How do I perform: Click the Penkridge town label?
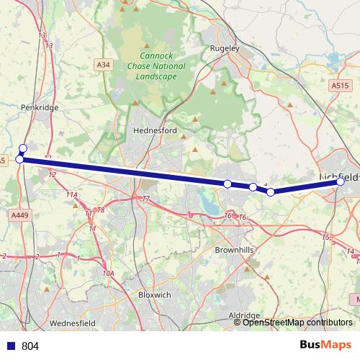pos(40,107)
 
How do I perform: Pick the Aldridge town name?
pos(243,315)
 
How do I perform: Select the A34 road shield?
pos(104,65)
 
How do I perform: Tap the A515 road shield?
pos(340,85)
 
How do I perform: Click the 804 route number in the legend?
pos(30,346)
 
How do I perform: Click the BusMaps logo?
pos(325,346)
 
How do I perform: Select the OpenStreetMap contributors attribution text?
pos(297,323)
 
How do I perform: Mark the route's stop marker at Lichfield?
pos(340,182)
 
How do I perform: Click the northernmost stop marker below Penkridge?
pos(22,148)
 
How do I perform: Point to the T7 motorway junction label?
pos(145,199)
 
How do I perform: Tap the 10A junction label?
pos(109,274)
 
